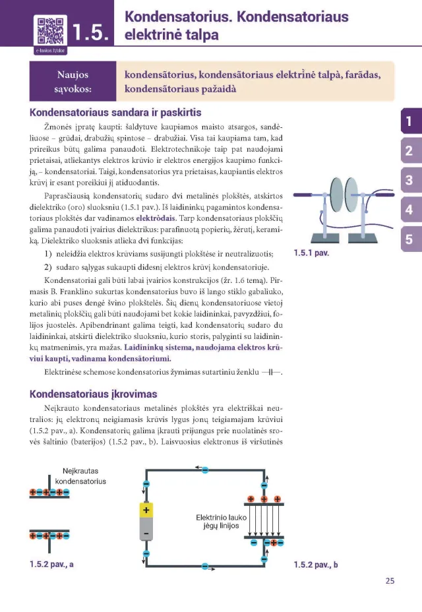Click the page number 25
tap(390, 581)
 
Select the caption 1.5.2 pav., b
tap(315, 565)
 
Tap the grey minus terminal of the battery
tap(146, 532)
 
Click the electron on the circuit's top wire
tap(204, 470)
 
